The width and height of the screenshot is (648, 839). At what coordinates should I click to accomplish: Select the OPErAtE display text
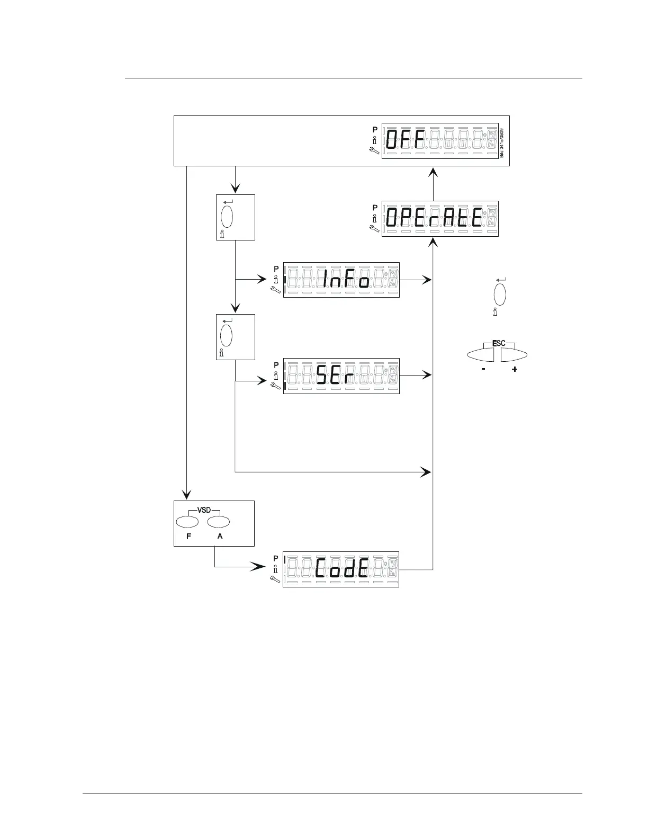point(435,218)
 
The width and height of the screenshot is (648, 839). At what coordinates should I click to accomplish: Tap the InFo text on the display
point(346,280)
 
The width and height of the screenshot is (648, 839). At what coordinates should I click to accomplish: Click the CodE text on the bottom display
point(342,569)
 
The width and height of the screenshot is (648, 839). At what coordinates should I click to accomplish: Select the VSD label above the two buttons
point(204,510)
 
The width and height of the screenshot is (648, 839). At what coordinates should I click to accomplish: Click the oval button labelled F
point(187,522)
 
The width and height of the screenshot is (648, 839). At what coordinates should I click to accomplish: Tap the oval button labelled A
point(218,522)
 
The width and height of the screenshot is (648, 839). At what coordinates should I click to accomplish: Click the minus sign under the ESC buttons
point(484,369)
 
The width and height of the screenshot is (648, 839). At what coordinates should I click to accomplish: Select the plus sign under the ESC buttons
point(515,369)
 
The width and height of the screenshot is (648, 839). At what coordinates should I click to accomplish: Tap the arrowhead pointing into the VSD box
point(186,495)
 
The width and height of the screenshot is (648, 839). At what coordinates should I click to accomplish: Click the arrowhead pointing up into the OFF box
point(434,172)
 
